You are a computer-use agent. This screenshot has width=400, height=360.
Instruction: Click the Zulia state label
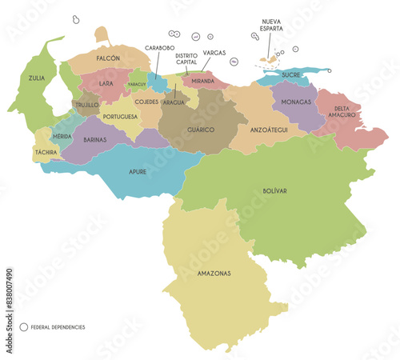click(37, 78)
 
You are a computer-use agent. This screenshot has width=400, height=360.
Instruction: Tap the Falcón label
click(108, 58)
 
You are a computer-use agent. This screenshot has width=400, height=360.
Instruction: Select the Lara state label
click(106, 82)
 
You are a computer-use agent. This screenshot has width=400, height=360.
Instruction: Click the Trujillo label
click(87, 104)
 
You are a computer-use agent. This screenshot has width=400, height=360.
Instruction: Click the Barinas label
click(95, 139)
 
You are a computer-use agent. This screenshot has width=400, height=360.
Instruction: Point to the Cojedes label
click(146, 102)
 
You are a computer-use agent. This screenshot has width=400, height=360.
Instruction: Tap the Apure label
click(138, 171)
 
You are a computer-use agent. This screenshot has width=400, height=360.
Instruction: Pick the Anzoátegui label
click(269, 130)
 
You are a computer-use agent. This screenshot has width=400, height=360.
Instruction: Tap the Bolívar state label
click(274, 191)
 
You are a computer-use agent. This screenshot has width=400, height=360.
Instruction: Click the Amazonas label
click(214, 273)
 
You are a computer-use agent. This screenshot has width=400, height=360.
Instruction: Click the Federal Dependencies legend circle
click(23, 327)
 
